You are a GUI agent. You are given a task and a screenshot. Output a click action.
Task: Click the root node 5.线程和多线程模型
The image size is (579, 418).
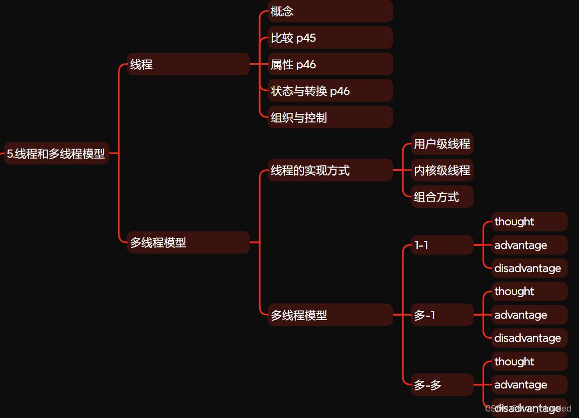coord(56,154)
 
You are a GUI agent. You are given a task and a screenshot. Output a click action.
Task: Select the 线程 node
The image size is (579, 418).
coord(188,64)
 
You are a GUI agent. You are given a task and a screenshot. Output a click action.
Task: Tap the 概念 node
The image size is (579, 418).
coord(329,11)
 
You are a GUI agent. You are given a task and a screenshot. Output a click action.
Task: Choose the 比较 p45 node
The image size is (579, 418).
coord(329,38)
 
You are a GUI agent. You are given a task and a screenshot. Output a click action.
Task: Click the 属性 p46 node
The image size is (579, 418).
coord(329,64)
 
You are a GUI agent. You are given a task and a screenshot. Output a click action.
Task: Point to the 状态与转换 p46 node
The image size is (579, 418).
coord(329,91)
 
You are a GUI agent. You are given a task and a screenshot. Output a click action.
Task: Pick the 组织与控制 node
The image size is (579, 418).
coord(329,117)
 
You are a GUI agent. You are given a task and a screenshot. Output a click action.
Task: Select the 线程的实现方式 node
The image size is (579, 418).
coord(329,171)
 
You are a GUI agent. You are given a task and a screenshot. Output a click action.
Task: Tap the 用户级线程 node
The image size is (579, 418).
coord(442,144)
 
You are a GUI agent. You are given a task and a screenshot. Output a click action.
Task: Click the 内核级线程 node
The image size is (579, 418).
coord(442,171)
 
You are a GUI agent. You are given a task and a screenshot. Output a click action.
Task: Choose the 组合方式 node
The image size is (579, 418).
coord(442,197)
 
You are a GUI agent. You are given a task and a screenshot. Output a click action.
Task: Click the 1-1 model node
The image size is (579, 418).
coord(442,245)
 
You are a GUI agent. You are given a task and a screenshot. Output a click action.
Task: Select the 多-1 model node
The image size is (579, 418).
coord(442,315)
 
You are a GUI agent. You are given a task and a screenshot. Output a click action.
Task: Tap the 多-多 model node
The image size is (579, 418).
coord(442,385)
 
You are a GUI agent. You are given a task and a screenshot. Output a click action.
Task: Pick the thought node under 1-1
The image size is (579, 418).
coord(529,222)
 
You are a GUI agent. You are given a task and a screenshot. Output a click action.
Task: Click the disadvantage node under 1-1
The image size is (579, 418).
coord(529,268)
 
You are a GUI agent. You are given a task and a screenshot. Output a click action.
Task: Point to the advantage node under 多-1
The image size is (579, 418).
coord(529,315)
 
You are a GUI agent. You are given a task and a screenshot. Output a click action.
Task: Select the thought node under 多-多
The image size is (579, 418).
coord(529,362)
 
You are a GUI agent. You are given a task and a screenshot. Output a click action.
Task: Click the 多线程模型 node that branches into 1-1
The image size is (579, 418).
coord(329,315)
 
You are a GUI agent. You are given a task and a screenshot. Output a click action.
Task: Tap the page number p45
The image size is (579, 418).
coord(306,38)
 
